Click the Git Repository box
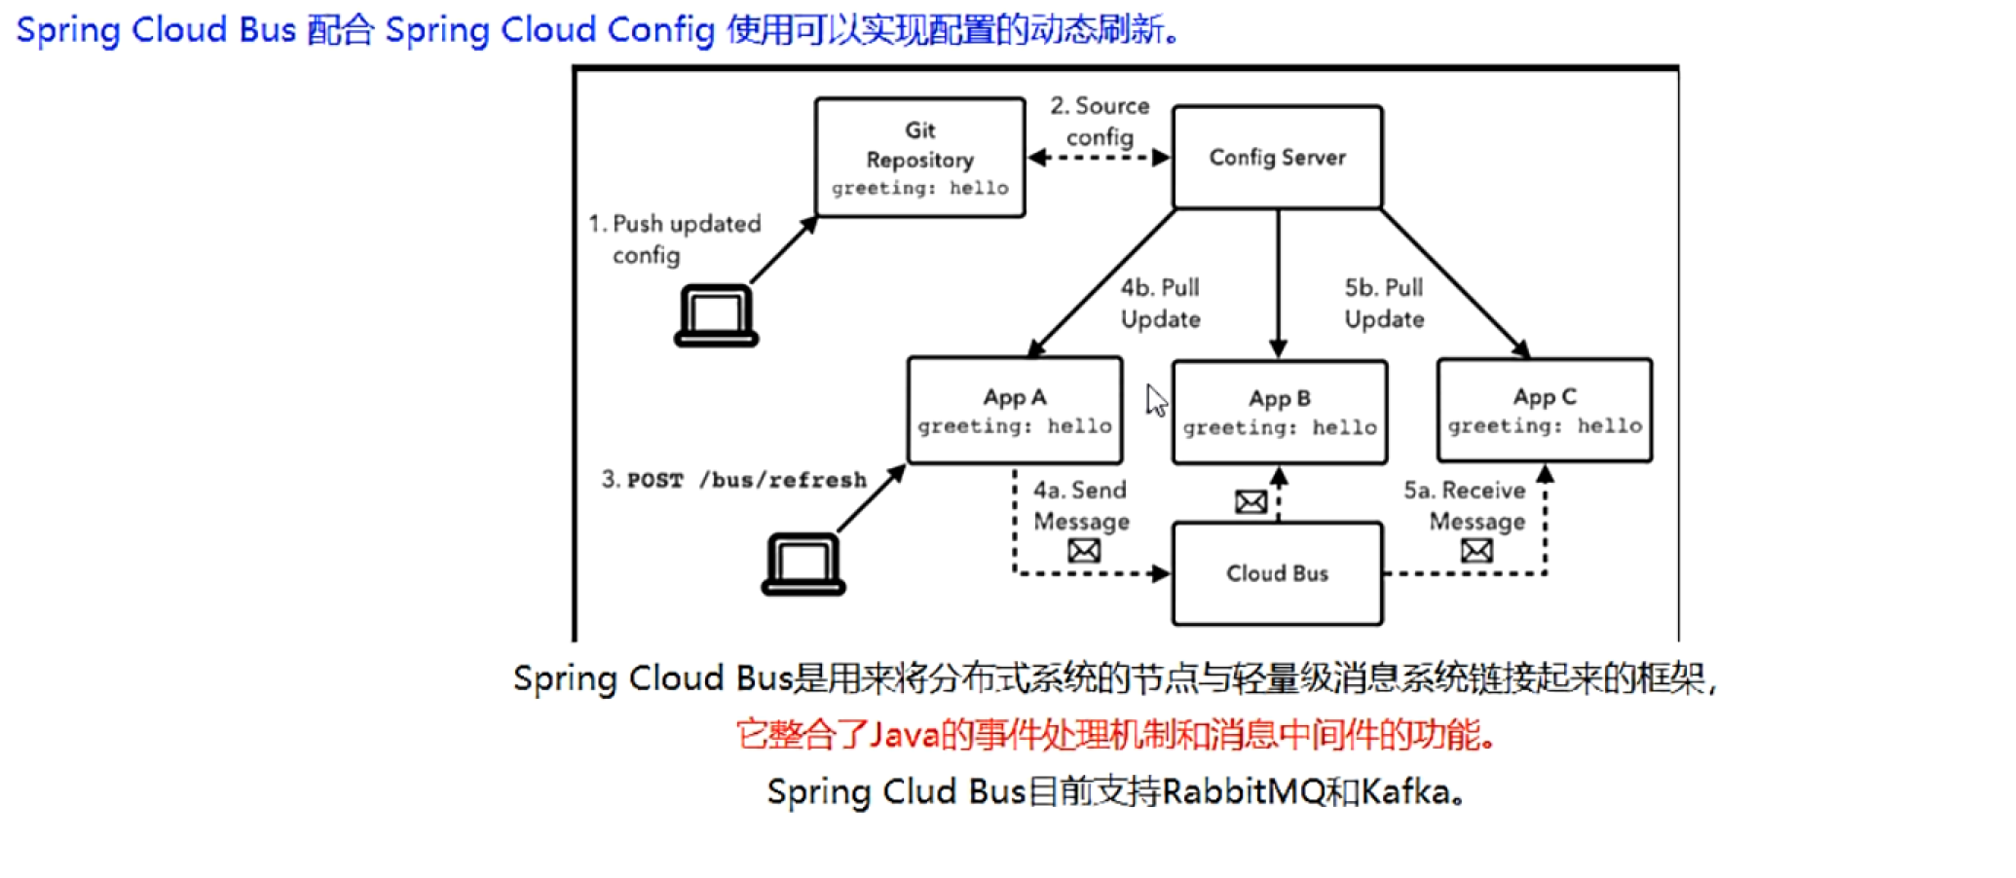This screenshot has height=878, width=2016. click(x=920, y=158)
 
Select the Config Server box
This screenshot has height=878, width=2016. click(x=1277, y=157)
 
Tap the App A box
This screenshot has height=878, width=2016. click(x=1015, y=410)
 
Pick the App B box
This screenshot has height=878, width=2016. click(x=1280, y=412)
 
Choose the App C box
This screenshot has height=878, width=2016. click(x=1545, y=410)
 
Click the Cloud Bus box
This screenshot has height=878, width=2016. click(x=1277, y=573)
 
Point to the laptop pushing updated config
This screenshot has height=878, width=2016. click(x=716, y=315)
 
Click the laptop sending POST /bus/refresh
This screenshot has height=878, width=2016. click(x=803, y=564)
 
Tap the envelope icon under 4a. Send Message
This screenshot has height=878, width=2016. click(x=1084, y=551)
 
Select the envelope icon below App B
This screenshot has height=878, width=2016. click(x=1251, y=502)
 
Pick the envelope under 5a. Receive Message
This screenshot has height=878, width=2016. click(x=1476, y=551)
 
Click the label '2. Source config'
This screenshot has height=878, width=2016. click(x=1101, y=121)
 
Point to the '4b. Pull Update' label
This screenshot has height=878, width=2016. click(x=1160, y=303)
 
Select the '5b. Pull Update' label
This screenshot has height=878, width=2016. click(x=1384, y=303)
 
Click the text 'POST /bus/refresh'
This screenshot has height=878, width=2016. click(x=747, y=480)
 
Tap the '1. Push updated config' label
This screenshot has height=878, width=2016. click(x=675, y=238)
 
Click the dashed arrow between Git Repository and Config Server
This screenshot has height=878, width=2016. click(x=1100, y=158)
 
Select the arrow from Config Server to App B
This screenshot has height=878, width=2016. click(x=1279, y=283)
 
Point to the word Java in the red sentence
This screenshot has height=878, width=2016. click(x=905, y=734)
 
